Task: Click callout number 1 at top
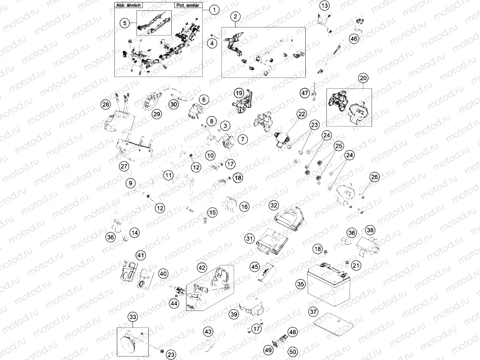tap(213, 9)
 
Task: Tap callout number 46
tap(354, 39)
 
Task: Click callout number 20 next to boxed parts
tap(363, 78)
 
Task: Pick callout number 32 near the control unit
tap(274, 205)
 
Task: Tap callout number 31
tap(249, 238)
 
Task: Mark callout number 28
tap(105, 104)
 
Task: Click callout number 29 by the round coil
tap(156, 114)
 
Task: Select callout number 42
tap(202, 268)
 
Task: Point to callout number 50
tap(293, 351)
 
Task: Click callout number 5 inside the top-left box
tap(125, 23)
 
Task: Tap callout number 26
tap(374, 177)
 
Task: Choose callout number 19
tap(239, 93)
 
